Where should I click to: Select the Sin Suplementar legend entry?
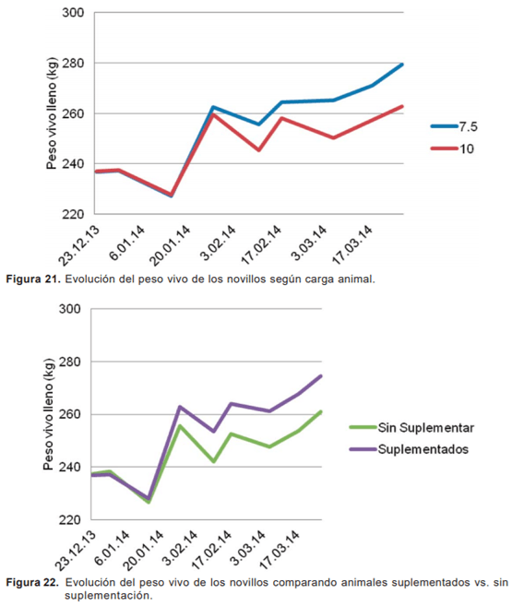click(412, 427)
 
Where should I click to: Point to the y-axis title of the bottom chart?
click(48, 415)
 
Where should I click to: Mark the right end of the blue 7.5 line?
click(403, 64)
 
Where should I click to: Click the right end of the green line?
click(320, 411)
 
